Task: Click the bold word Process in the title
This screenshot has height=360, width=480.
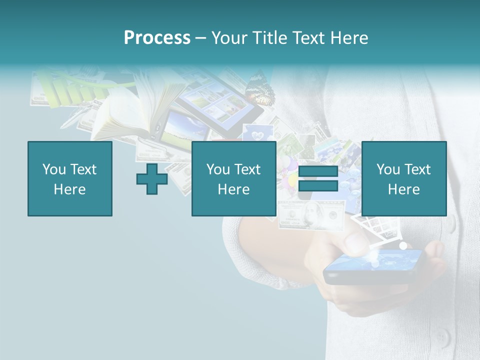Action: [x=157, y=37]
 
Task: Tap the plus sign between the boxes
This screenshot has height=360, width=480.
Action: [x=152, y=179]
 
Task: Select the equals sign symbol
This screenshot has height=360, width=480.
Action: [x=318, y=178]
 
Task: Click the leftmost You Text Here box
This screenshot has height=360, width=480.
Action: [x=70, y=178]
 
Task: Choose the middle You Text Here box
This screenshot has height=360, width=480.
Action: [x=233, y=178]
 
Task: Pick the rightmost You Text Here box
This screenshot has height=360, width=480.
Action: [x=403, y=178]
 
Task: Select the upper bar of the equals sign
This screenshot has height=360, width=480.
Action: [x=318, y=171]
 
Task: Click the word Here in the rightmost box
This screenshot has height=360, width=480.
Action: [x=403, y=189]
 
